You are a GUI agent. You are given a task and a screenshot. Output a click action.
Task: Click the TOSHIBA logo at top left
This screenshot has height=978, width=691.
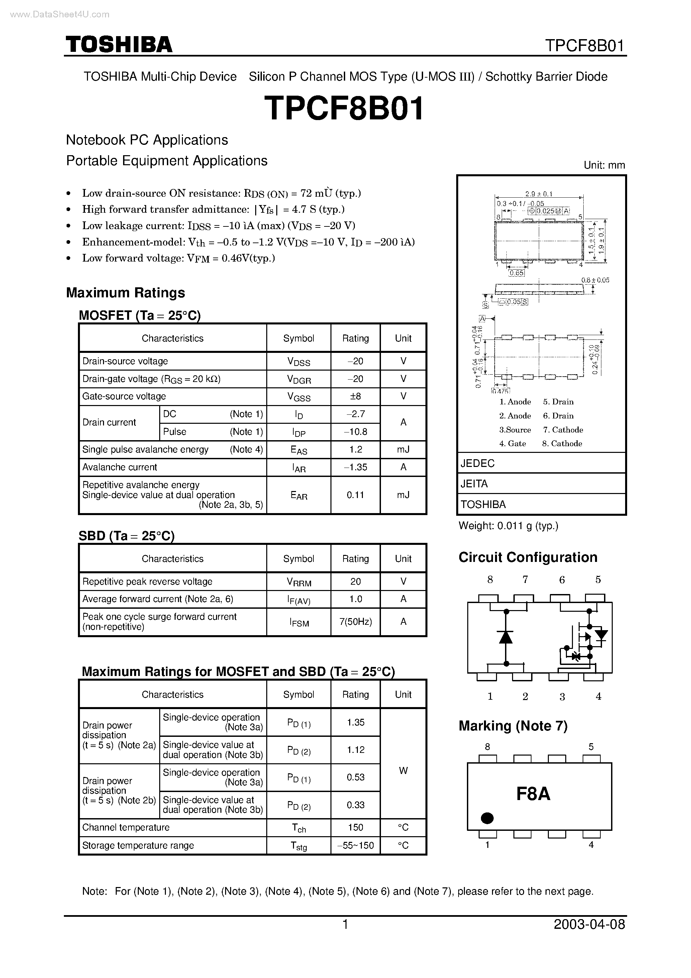coord(119,44)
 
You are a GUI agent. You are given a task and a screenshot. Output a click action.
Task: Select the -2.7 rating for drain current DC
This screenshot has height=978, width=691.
coord(355,414)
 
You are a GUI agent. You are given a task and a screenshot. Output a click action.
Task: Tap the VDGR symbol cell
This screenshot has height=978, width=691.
coord(299,379)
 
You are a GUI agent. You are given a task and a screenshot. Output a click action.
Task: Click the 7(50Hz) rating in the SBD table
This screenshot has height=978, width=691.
coord(355,621)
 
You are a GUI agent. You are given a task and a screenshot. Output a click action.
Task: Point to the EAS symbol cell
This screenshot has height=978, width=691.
coord(299,450)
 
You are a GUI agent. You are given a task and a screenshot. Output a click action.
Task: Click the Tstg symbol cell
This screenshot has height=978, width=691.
coord(299,846)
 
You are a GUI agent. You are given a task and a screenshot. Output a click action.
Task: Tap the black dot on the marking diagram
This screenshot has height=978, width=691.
coord(487,818)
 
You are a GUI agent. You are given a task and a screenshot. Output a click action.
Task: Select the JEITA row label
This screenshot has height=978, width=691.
coord(474,483)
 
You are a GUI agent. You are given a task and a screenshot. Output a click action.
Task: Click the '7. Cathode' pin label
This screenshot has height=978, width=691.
coord(563,429)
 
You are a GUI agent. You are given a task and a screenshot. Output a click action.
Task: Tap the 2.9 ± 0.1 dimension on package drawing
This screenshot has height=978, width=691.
coord(538,194)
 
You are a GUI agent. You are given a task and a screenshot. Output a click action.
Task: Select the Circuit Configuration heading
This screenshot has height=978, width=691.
coord(528,557)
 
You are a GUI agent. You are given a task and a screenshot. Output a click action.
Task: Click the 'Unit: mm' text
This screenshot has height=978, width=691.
coord(604,165)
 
